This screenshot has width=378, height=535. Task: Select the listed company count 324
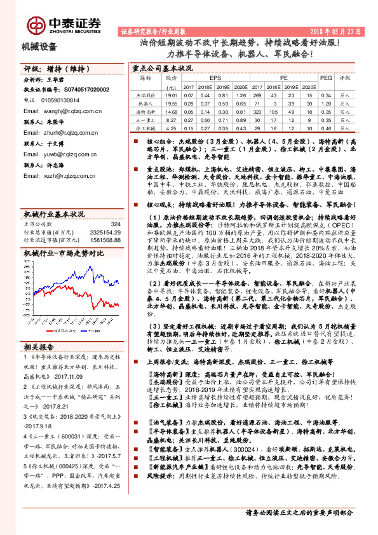(x=116, y=224)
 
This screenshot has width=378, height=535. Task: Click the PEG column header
(x=326, y=78)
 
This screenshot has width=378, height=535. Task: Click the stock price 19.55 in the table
(x=172, y=103)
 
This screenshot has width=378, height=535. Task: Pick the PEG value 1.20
(x=326, y=103)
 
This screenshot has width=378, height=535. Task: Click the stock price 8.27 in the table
(x=172, y=119)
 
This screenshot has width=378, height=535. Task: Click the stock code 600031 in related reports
(x=74, y=437)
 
